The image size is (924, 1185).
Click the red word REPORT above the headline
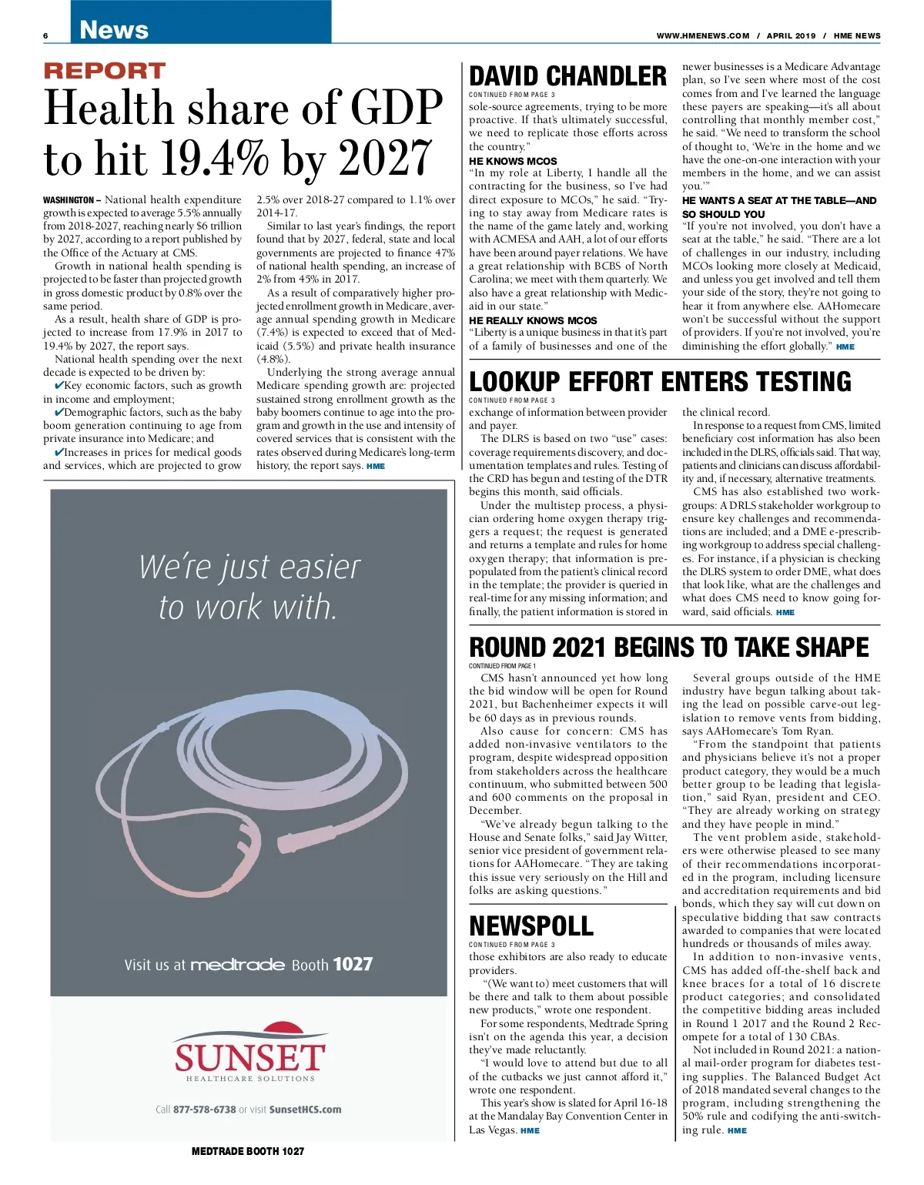tap(105, 71)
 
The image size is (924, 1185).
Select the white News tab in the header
tap(114, 30)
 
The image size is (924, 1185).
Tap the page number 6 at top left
tap(46, 36)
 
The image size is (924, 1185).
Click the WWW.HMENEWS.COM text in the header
tap(702, 35)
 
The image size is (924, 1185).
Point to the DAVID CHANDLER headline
tap(567, 76)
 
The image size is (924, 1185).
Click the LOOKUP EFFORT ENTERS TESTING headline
tap(660, 382)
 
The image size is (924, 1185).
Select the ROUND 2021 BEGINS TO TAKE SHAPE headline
tap(668, 648)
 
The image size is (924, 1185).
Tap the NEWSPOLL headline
tap(531, 926)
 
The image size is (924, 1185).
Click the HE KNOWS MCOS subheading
tap(513, 161)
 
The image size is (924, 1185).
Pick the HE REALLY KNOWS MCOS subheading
tap(533, 320)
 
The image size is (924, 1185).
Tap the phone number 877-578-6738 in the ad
tap(204, 1110)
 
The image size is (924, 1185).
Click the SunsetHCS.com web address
tap(305, 1110)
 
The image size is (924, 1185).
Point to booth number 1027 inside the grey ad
tap(353, 964)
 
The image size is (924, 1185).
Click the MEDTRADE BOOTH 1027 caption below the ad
tap(248, 1151)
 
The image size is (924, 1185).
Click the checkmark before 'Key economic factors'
tap(59, 385)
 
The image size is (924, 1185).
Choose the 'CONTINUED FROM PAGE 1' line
tap(502, 666)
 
